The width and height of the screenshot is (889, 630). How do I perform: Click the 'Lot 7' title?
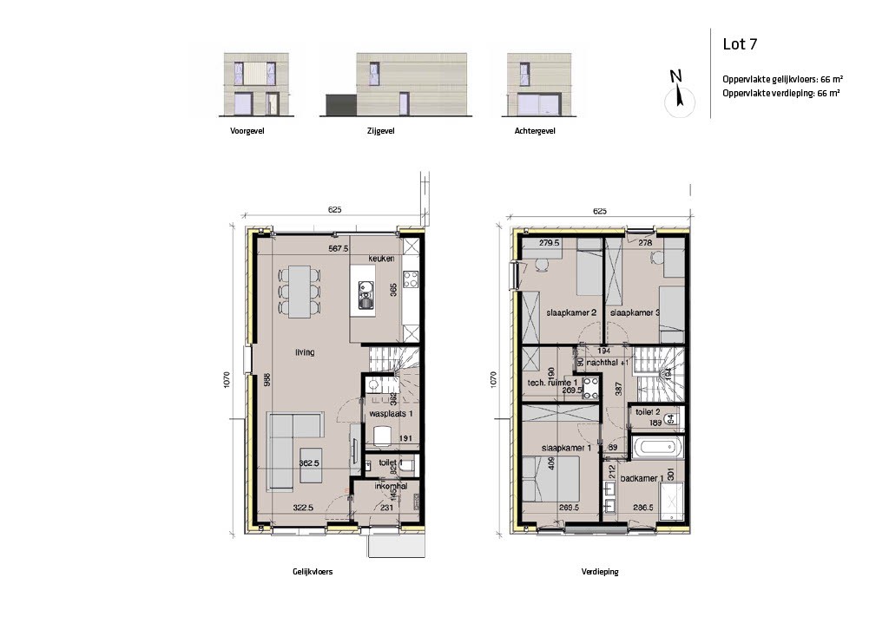click(x=741, y=44)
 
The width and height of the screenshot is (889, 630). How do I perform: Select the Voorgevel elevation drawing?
click(x=251, y=85)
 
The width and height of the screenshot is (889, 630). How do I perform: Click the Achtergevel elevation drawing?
click(x=534, y=85)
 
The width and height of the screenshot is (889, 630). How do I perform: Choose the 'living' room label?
click(x=304, y=352)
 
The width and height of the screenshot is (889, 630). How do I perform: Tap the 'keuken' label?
click(x=381, y=259)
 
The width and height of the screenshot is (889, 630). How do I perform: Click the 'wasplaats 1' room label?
click(x=390, y=415)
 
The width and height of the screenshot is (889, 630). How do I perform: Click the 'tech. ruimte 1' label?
click(x=553, y=382)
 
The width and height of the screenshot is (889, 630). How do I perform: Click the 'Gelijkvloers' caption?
click(x=313, y=573)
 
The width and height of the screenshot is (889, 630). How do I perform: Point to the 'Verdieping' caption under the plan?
click(x=600, y=573)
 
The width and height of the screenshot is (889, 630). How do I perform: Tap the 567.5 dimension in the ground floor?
click(x=339, y=248)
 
